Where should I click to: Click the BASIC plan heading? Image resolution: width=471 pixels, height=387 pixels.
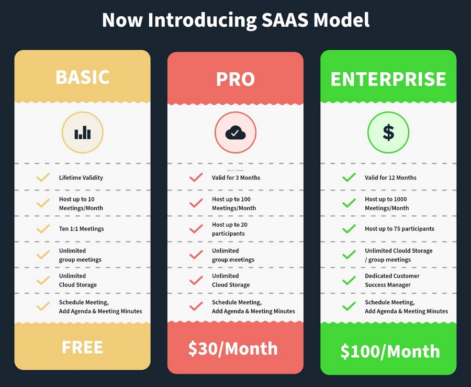(x=83, y=77)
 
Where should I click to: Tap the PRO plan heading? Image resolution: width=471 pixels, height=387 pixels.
(x=235, y=79)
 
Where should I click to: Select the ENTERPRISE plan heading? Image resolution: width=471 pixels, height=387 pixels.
(x=388, y=79)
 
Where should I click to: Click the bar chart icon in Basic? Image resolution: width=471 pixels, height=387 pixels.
(x=83, y=132)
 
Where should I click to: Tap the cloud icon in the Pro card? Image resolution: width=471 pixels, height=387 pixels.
(x=235, y=132)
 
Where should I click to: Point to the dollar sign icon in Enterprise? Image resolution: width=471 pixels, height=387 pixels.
(x=388, y=132)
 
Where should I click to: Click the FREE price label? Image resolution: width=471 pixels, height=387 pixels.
(x=82, y=347)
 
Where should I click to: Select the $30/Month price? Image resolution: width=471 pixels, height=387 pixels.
(x=233, y=349)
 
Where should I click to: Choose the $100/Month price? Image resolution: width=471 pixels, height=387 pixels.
(x=390, y=351)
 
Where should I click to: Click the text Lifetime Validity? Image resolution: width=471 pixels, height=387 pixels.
(x=81, y=178)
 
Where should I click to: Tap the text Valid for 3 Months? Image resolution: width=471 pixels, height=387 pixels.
(x=236, y=178)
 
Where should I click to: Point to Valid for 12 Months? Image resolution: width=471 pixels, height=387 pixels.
(x=390, y=178)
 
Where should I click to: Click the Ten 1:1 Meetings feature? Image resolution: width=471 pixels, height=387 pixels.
(x=82, y=229)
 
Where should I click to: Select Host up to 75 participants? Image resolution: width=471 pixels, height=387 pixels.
(x=399, y=229)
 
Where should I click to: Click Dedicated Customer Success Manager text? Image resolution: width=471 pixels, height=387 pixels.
(x=392, y=280)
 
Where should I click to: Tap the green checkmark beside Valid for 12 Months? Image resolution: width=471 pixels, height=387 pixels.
(x=349, y=178)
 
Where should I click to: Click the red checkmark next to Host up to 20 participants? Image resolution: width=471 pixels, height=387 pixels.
(x=196, y=229)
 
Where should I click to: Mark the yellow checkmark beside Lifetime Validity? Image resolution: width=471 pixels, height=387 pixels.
(x=43, y=178)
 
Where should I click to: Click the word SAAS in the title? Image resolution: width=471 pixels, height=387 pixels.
(x=285, y=20)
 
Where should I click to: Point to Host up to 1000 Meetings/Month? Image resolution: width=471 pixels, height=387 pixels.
(x=387, y=203)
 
